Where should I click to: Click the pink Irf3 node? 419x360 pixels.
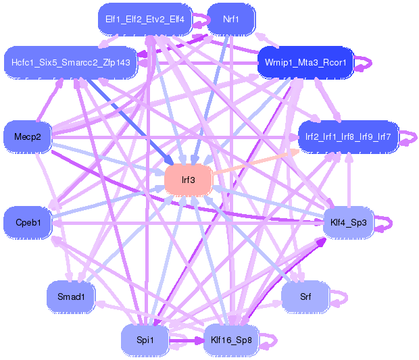(x=189, y=180)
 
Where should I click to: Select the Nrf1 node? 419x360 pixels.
(x=231, y=19)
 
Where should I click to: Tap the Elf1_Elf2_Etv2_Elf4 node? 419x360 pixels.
(x=145, y=19)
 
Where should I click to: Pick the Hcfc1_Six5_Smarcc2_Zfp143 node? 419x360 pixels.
(x=71, y=63)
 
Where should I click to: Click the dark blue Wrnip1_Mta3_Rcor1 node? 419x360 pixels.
(x=305, y=63)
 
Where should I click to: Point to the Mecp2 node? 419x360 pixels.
(x=28, y=136)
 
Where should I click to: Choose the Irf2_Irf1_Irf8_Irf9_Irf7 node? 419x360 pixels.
(x=348, y=136)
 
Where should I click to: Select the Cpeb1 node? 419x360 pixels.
(x=28, y=222)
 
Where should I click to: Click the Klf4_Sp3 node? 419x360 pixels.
(x=348, y=222)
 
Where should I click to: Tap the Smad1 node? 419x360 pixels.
(x=71, y=297)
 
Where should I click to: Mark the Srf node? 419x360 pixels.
(x=305, y=297)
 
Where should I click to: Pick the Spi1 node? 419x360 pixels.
(x=145, y=340)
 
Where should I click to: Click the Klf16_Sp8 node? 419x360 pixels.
(x=231, y=340)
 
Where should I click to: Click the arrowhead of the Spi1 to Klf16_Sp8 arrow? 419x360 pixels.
(x=200, y=340)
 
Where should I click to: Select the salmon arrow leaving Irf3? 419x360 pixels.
(x=255, y=162)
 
